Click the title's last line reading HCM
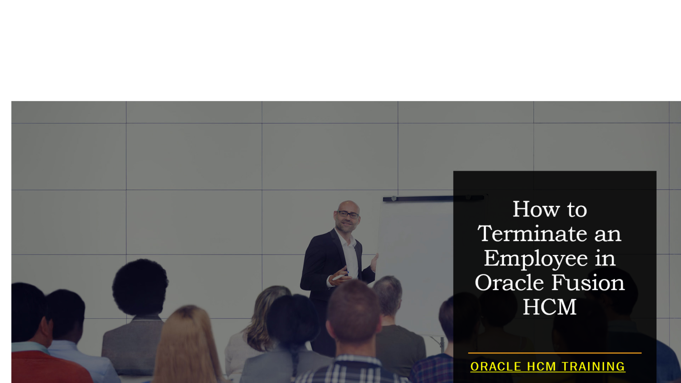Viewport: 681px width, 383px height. point(550,307)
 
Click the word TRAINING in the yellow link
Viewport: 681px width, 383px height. point(593,367)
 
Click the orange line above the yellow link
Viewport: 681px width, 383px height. point(555,353)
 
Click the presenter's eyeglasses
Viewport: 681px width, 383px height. point(348,215)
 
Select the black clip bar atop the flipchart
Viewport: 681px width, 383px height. point(433,198)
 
